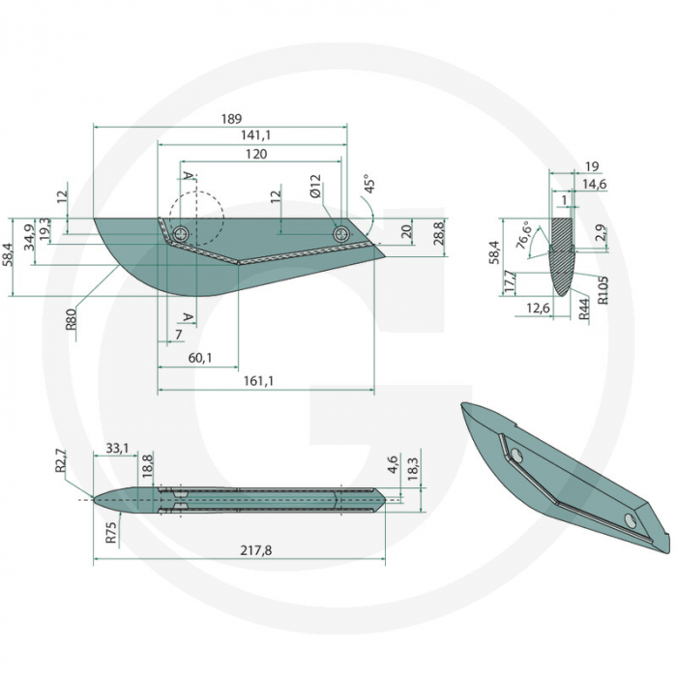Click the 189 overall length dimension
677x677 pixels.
pyautogui.click(x=230, y=119)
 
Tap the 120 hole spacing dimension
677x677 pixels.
pyautogui.click(x=255, y=154)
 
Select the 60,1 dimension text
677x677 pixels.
pyautogui.click(x=199, y=359)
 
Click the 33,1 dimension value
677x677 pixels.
pyautogui.click(x=116, y=448)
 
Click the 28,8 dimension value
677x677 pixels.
pyautogui.click(x=437, y=232)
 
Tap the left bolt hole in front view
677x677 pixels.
pyautogui.click(x=181, y=233)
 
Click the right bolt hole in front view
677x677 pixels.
pyautogui.click(x=340, y=233)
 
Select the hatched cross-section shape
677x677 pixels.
pyautogui.click(x=561, y=253)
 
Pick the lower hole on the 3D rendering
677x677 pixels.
pyautogui.click(x=630, y=522)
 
